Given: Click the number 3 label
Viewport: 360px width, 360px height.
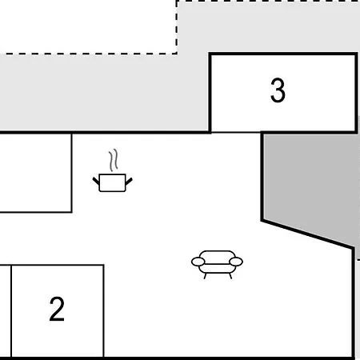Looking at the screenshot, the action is click(x=278, y=90).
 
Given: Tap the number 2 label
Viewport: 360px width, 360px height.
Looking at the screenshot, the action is click(x=57, y=309).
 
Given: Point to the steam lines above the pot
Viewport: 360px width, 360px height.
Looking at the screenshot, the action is click(x=114, y=160).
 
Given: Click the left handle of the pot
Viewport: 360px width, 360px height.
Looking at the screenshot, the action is click(x=96, y=181).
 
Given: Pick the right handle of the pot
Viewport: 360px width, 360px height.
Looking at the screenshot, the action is click(x=129, y=182).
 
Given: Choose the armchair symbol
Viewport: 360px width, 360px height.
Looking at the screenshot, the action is click(x=217, y=265).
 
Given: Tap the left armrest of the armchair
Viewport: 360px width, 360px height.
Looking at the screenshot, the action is click(x=198, y=262).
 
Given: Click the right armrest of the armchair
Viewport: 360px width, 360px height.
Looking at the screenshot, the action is click(x=236, y=262).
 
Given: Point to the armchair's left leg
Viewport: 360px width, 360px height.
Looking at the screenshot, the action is click(x=206, y=276).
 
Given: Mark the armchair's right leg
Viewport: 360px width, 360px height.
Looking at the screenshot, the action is click(x=230, y=276).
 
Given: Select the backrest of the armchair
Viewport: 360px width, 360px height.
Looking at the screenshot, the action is click(x=217, y=258).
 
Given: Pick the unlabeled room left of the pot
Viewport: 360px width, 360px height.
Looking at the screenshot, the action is click(x=36, y=173).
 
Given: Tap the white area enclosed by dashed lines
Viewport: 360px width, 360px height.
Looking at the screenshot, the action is click(x=88, y=26).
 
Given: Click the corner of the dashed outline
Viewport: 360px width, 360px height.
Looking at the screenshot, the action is click(x=177, y=54).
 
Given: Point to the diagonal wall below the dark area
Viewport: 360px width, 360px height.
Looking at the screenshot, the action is click(x=308, y=234).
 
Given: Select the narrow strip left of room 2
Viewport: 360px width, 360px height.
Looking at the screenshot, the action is click(x=6, y=311).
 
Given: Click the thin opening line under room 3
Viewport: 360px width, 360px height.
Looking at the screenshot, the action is click(x=236, y=132).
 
